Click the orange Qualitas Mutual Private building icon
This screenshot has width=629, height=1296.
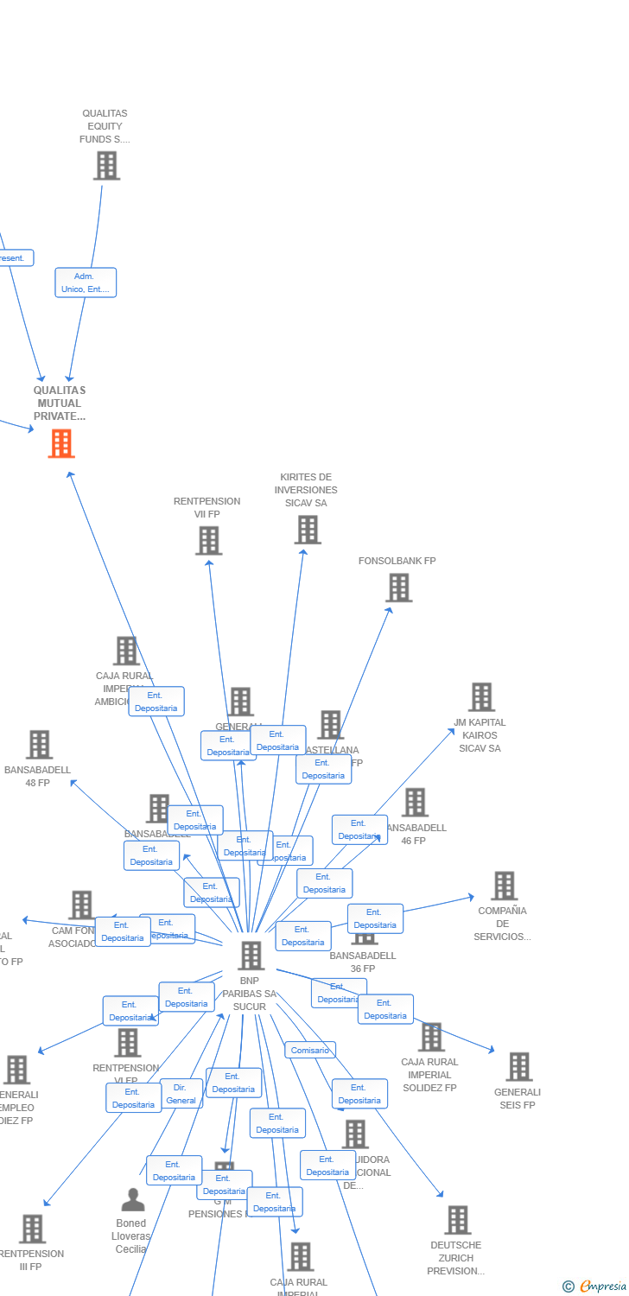click(61, 443)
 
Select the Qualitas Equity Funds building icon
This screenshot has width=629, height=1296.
click(106, 165)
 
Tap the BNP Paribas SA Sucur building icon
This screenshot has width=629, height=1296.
click(251, 956)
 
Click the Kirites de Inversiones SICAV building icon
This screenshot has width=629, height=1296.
click(308, 530)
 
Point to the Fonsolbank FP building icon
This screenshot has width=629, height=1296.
click(398, 588)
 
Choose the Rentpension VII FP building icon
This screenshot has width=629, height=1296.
click(208, 541)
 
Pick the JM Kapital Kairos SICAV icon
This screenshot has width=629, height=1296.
click(481, 697)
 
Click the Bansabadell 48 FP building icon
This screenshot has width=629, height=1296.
click(39, 745)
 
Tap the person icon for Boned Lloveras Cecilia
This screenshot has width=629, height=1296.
click(132, 1200)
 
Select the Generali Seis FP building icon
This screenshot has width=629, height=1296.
click(518, 1067)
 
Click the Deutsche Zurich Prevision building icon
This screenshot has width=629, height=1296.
click(457, 1220)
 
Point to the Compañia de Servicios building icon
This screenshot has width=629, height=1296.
click(504, 886)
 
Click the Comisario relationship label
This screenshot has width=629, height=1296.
click(310, 1051)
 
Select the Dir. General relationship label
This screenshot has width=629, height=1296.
click(181, 1094)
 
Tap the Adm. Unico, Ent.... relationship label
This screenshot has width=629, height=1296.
click(86, 283)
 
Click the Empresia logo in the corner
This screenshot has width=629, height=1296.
click(595, 1286)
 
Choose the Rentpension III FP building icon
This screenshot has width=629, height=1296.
click(32, 1229)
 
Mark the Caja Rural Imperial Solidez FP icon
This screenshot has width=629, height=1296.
click(430, 1037)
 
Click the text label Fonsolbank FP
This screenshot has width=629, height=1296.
click(397, 561)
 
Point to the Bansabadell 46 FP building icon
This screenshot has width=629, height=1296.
click(415, 803)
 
